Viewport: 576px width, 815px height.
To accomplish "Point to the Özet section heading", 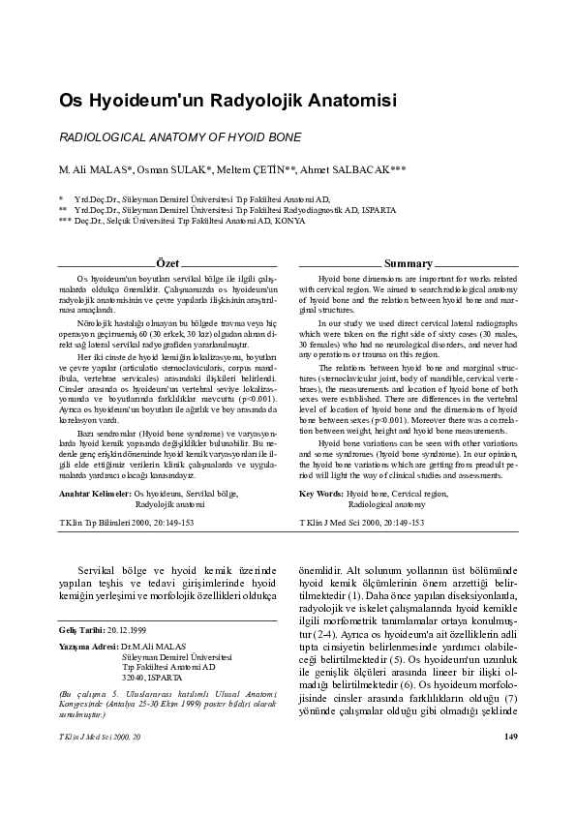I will [x=167, y=263].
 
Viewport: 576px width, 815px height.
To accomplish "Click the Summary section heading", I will [x=408, y=263].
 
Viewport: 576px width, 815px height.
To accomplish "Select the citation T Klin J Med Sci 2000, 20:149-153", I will [x=362, y=523].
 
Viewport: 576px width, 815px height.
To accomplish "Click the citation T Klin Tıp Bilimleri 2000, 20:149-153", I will [x=126, y=523].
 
